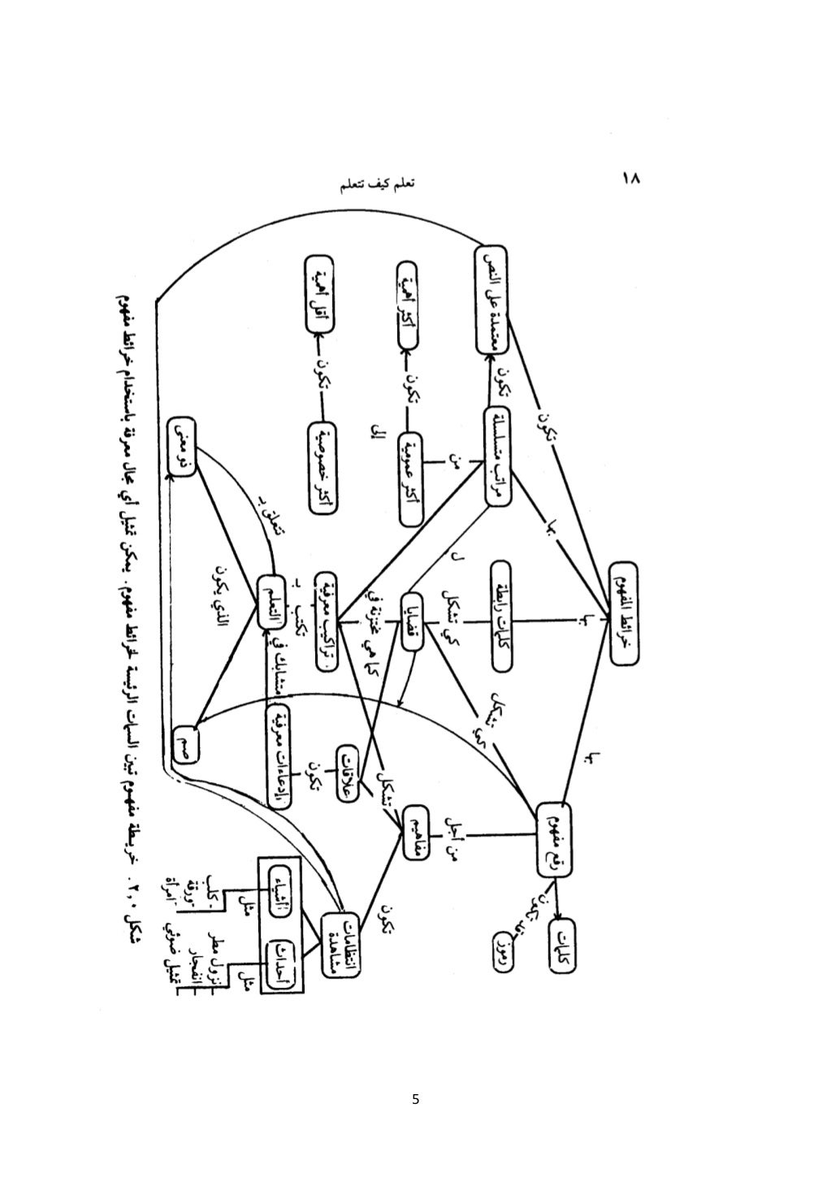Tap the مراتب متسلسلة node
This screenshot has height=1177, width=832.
pyautogui.click(x=504, y=457)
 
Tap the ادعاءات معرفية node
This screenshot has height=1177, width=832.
pyautogui.click(x=279, y=754)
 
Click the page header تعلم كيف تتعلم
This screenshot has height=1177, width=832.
pyautogui.click(x=376, y=185)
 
